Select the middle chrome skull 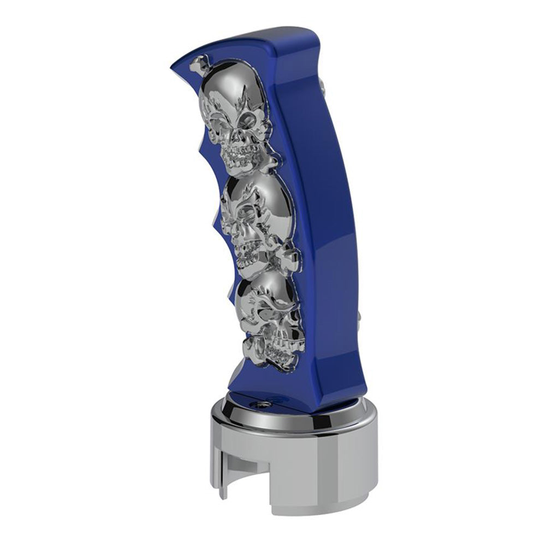tap(251, 218)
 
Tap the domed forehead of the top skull tap(229, 90)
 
